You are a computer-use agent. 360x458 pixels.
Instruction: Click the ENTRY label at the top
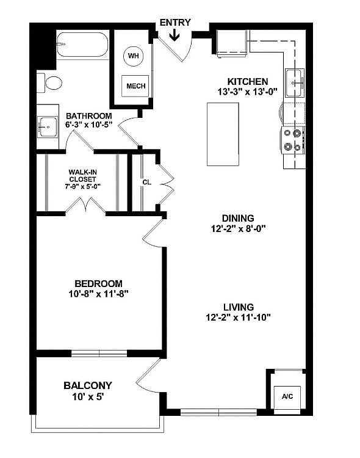tap(175, 23)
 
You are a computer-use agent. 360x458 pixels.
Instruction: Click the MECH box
tap(135, 86)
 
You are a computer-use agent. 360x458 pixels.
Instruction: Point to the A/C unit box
tap(287, 396)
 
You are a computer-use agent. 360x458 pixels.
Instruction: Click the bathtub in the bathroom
tap(82, 45)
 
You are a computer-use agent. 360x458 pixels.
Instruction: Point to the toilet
tap(49, 82)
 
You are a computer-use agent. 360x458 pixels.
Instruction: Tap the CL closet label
tap(146, 181)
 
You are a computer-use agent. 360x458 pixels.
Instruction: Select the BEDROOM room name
tap(98, 283)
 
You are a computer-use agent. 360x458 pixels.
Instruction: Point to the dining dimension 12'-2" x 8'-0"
tap(238, 229)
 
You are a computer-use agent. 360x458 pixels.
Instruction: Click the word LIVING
tap(238, 307)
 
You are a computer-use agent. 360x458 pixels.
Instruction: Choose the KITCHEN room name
tap(247, 81)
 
